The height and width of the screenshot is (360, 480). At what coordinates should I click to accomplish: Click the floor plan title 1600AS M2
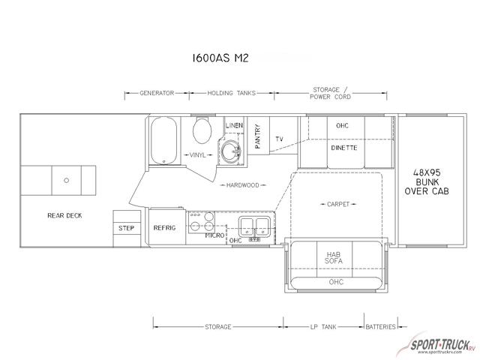pyautogui.click(x=220, y=58)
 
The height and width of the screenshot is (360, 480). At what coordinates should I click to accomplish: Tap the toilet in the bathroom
pyautogui.click(x=202, y=130)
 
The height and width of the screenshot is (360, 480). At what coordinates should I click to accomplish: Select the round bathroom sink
pyautogui.click(x=231, y=151)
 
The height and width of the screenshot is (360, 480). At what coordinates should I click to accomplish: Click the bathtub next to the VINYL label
pyautogui.click(x=163, y=140)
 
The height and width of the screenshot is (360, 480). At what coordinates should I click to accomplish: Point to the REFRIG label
pyautogui.click(x=165, y=228)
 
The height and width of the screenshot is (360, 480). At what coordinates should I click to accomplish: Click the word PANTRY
pyautogui.click(x=258, y=136)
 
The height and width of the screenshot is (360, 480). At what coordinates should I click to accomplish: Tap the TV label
pyautogui.click(x=279, y=139)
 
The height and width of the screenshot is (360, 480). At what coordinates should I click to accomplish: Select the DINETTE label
pyautogui.click(x=344, y=148)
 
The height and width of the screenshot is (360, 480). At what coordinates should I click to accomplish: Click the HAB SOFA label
pyautogui.click(x=334, y=258)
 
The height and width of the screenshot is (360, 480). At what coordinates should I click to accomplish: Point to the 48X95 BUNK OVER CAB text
pyautogui.click(x=427, y=181)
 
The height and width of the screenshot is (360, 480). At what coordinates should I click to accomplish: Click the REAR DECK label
pyautogui.click(x=65, y=215)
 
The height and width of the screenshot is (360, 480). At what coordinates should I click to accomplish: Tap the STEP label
pyautogui.click(x=127, y=228)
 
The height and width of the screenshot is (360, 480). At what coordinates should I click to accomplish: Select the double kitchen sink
pyautogui.click(x=255, y=226)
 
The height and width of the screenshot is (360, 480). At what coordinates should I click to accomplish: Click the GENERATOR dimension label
pyautogui.click(x=157, y=93)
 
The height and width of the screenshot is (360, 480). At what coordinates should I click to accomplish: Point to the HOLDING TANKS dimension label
pyautogui.click(x=232, y=93)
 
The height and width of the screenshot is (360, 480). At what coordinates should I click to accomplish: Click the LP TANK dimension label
pyautogui.click(x=323, y=327)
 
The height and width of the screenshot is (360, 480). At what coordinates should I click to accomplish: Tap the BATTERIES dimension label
pyautogui.click(x=381, y=327)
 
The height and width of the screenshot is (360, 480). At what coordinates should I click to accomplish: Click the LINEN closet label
pyautogui.click(x=234, y=125)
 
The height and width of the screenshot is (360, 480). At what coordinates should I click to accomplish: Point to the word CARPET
pyautogui.click(x=338, y=204)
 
